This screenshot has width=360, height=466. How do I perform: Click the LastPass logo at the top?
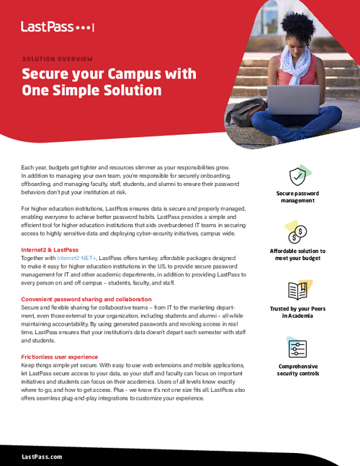[58, 27]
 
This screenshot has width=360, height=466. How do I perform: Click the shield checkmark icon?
[298, 176]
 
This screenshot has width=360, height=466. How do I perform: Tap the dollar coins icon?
[298, 232]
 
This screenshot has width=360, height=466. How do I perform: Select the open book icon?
[298, 290]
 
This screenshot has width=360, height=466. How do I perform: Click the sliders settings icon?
[298, 348]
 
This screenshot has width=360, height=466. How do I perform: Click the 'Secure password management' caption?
[297, 197]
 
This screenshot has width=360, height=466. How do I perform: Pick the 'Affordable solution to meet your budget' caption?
[297, 255]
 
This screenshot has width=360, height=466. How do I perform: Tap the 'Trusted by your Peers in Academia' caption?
[297, 312]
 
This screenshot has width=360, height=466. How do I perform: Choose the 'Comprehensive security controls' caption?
[297, 370]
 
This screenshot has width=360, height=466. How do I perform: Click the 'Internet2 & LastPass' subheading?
[50, 249]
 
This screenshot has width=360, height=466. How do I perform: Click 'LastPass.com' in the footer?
[42, 457]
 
